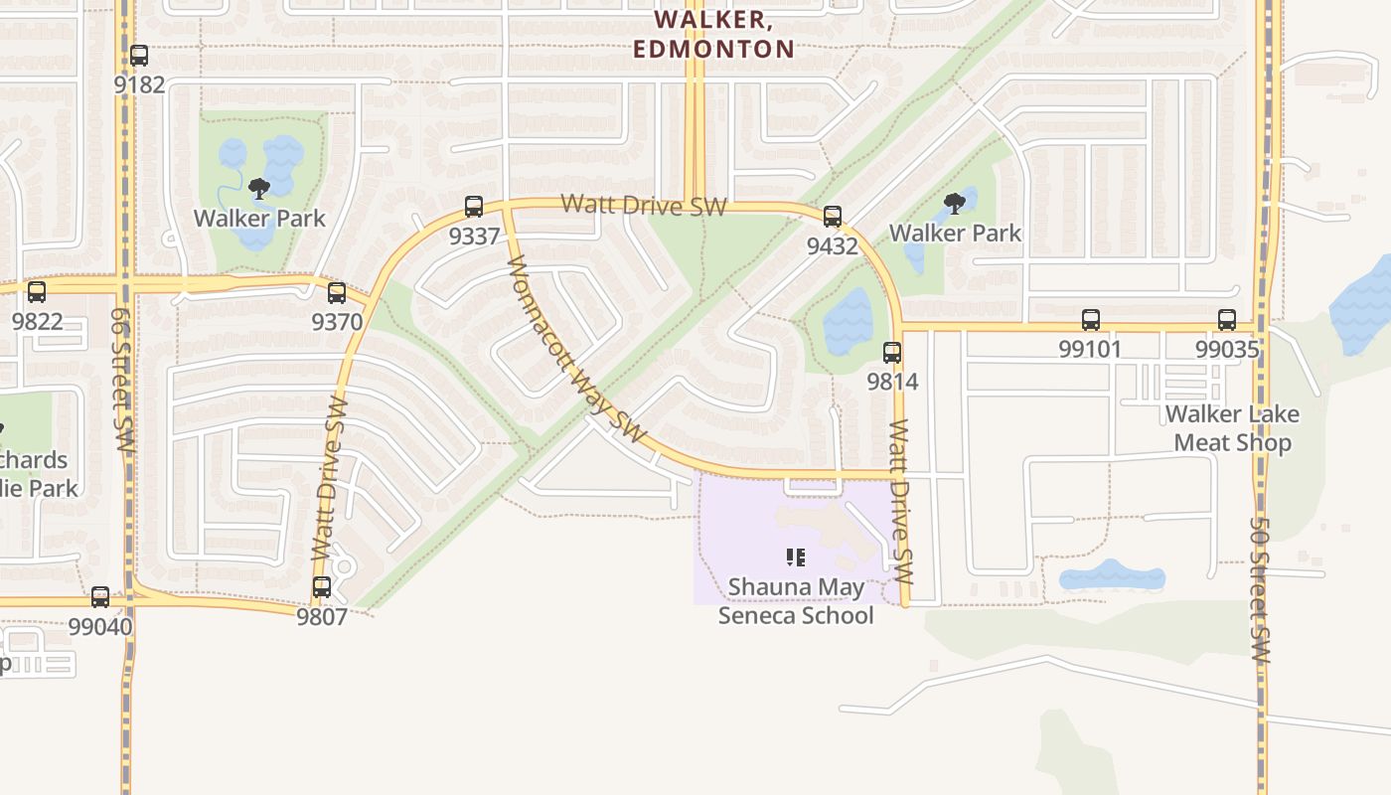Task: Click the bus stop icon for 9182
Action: point(139,56)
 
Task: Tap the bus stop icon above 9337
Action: point(474,207)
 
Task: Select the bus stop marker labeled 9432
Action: point(833,216)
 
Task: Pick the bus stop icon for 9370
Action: point(337,293)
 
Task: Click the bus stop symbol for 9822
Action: point(37,292)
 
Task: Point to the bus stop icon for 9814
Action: point(892,353)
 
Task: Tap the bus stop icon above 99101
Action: point(1091,320)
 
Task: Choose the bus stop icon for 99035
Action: point(1227,320)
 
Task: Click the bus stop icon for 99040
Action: point(100,597)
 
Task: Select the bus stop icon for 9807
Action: point(322,587)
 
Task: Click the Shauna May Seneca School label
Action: point(796,601)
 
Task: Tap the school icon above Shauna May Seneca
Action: point(795,557)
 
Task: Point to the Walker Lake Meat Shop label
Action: point(1232,428)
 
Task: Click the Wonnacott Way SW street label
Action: point(576,351)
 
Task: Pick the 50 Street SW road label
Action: point(1260,590)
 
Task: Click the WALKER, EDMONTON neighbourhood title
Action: point(713,34)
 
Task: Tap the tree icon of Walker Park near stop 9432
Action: point(954,205)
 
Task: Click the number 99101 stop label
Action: point(1090,349)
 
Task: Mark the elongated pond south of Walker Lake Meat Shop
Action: point(1111,577)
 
